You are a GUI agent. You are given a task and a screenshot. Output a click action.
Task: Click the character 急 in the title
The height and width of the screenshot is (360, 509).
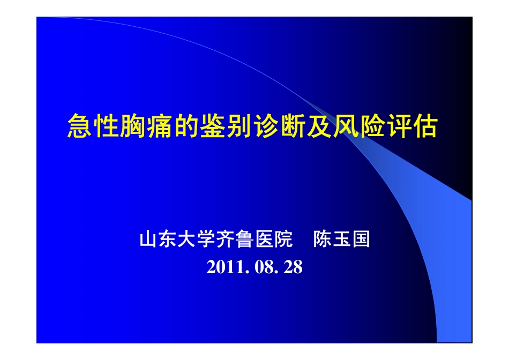pyautogui.click(x=80, y=127)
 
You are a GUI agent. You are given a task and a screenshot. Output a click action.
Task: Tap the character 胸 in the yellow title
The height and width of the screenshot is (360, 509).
pyautogui.click(x=133, y=127)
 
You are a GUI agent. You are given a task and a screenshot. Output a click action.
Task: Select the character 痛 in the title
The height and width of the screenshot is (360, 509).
pyautogui.click(x=159, y=127)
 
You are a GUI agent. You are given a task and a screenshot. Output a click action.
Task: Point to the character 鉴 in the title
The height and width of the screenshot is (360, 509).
pyautogui.click(x=212, y=127)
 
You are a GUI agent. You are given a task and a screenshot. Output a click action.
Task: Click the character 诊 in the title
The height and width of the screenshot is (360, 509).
pyautogui.click(x=265, y=127)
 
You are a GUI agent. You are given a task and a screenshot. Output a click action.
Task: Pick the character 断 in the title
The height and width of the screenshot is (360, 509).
pyautogui.click(x=291, y=127)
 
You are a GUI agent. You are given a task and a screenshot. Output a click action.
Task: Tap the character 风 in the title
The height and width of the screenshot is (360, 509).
pyautogui.click(x=345, y=127)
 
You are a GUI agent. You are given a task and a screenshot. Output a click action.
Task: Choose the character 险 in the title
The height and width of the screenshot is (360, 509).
pyautogui.click(x=371, y=127)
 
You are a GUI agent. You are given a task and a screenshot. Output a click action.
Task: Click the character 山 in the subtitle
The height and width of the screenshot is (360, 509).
pyautogui.click(x=148, y=239)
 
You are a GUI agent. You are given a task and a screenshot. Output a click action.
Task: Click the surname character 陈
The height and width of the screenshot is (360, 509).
pyautogui.click(x=323, y=239)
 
